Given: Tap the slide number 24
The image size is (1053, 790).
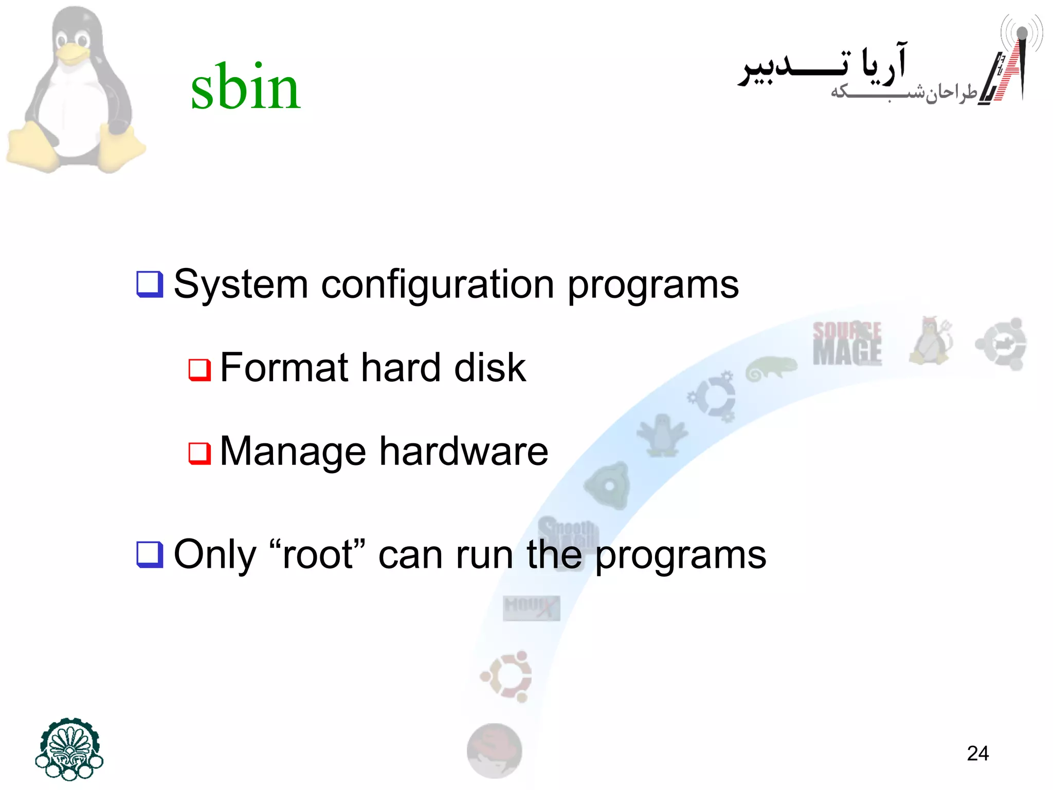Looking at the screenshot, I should (x=977, y=753).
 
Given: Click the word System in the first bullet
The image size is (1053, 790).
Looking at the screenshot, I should (x=241, y=284).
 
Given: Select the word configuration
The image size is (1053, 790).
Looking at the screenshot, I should (x=438, y=284).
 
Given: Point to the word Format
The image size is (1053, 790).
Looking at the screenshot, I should (x=284, y=368).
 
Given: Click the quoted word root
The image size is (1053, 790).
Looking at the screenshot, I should (x=317, y=555).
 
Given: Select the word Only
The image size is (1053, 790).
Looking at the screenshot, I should (x=215, y=555).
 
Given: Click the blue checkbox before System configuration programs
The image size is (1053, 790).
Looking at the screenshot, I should (x=150, y=284).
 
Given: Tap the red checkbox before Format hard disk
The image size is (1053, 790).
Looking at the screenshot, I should (x=199, y=369).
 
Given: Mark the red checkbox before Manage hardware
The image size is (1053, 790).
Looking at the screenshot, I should (x=199, y=453).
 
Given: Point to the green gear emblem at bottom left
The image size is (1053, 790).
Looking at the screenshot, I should (x=69, y=749).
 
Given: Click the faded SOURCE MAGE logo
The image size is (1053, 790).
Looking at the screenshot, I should (x=847, y=343).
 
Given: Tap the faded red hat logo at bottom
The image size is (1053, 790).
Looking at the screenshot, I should (x=494, y=750).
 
